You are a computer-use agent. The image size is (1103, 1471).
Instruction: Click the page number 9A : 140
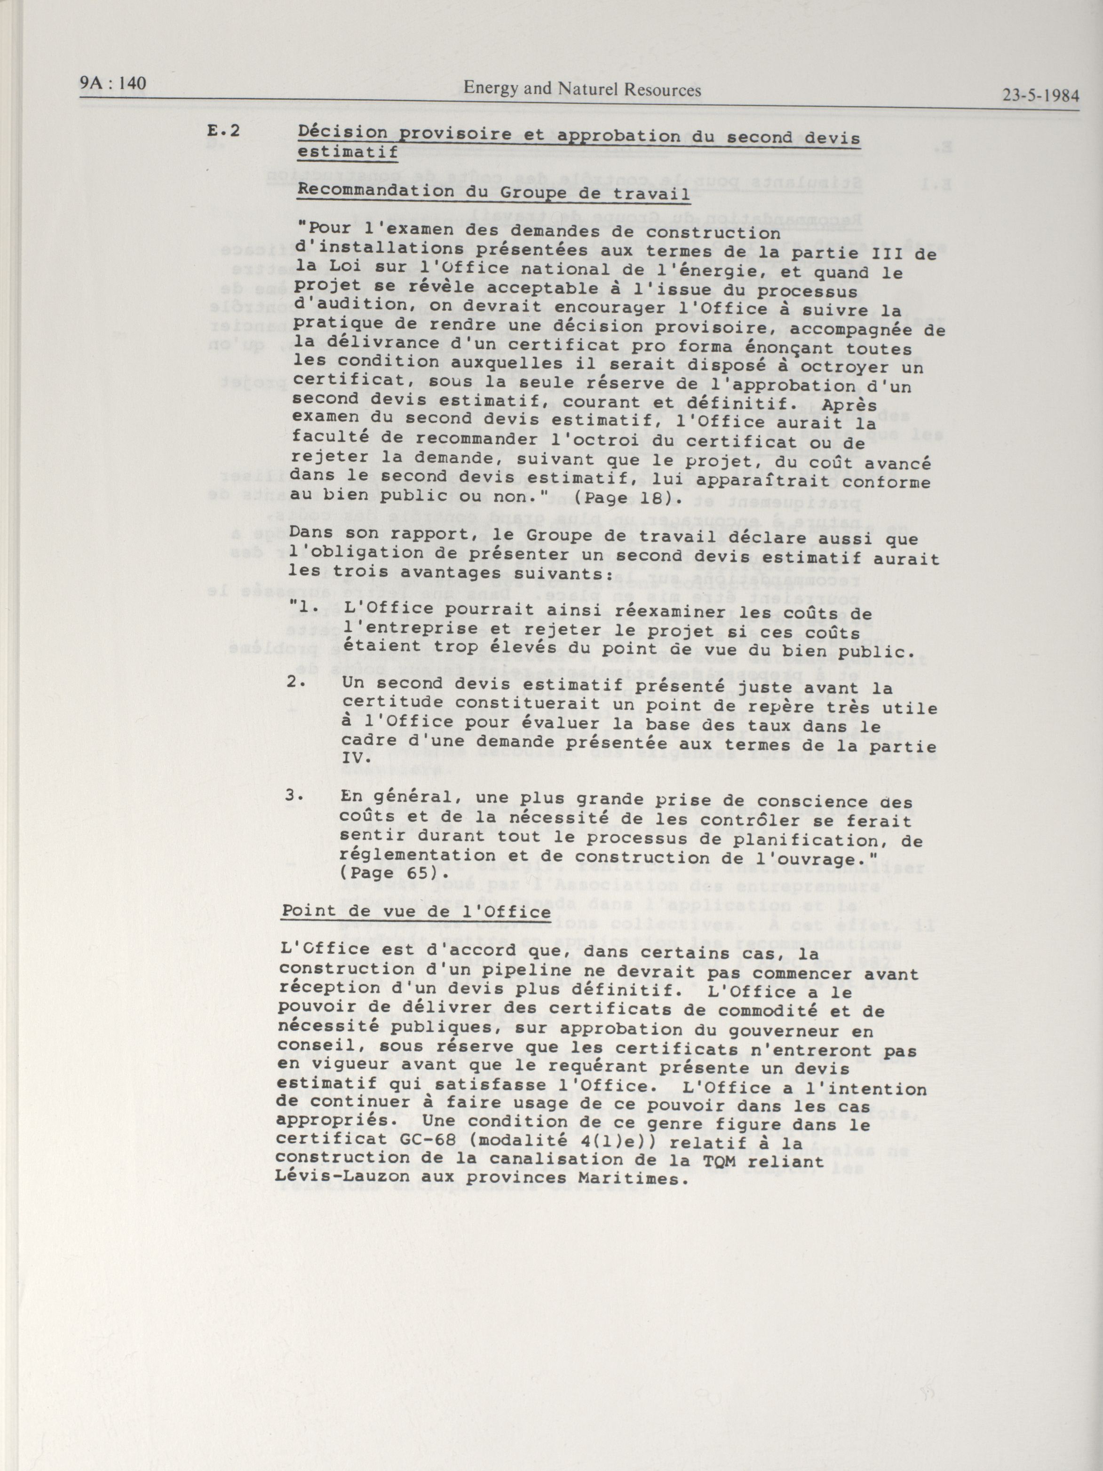pyautogui.click(x=112, y=84)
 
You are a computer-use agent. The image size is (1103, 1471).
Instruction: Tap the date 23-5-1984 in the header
pyautogui.click(x=1040, y=95)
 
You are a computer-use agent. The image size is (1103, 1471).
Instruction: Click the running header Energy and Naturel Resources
pyautogui.click(x=582, y=89)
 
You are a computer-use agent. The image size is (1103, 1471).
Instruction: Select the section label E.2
pyautogui.click(x=223, y=131)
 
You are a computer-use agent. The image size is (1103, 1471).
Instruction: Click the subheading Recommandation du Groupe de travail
pyautogui.click(x=493, y=193)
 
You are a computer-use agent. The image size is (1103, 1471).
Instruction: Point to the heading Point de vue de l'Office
pyautogui.click(x=416, y=910)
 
